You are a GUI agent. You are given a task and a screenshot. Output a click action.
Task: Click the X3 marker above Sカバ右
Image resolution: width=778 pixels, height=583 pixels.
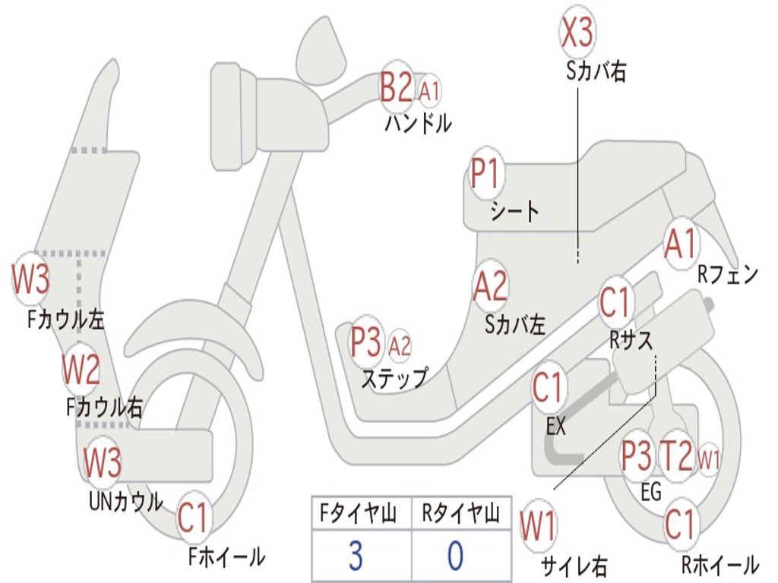(577, 32)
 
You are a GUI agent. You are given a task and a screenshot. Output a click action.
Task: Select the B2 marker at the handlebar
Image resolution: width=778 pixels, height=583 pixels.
(397, 87)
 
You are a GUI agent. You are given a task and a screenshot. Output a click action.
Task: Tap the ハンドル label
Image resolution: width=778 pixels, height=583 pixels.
(417, 123)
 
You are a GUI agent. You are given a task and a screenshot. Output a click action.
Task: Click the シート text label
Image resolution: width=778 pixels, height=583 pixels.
(515, 211)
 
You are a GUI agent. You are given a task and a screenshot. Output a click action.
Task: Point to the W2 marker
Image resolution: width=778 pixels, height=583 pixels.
(81, 370)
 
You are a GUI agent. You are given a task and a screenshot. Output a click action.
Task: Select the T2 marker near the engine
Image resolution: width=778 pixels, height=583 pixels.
(675, 456)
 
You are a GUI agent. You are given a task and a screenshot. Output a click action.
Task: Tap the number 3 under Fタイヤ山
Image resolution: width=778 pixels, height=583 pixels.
(356, 556)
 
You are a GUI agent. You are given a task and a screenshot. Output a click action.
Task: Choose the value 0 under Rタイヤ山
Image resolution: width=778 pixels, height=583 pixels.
(455, 556)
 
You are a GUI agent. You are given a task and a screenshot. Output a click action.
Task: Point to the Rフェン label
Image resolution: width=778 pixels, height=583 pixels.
(728, 275)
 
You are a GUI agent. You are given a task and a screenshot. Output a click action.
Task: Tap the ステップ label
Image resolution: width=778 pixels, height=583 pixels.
(394, 377)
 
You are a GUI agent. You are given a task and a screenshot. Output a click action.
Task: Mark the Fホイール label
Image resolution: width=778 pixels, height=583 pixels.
(226, 556)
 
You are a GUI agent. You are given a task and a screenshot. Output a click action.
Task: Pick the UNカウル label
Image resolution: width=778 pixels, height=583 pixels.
(125, 501)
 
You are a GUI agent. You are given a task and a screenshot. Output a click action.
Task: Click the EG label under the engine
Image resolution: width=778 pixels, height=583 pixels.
(651, 493)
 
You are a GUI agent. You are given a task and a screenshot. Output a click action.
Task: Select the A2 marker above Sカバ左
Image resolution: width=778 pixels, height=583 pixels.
(490, 287)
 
